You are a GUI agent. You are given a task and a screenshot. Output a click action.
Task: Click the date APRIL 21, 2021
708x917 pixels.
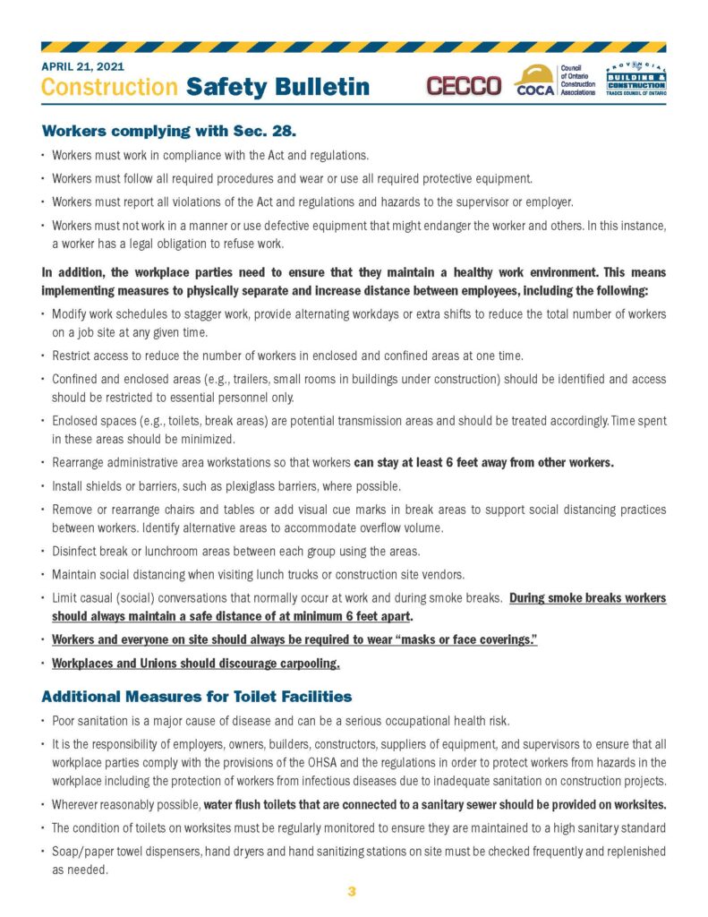82,66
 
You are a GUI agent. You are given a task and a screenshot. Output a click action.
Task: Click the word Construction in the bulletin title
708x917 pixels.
109,87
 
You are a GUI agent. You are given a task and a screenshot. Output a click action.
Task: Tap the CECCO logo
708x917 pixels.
464,85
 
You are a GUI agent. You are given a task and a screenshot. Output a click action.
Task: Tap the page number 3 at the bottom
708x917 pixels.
352,891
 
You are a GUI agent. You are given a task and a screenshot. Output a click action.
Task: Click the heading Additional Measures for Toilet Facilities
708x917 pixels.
196,696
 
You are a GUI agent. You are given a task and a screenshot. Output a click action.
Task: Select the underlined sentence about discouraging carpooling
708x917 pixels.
196,664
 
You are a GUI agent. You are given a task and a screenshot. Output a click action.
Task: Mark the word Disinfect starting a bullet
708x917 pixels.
74,550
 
